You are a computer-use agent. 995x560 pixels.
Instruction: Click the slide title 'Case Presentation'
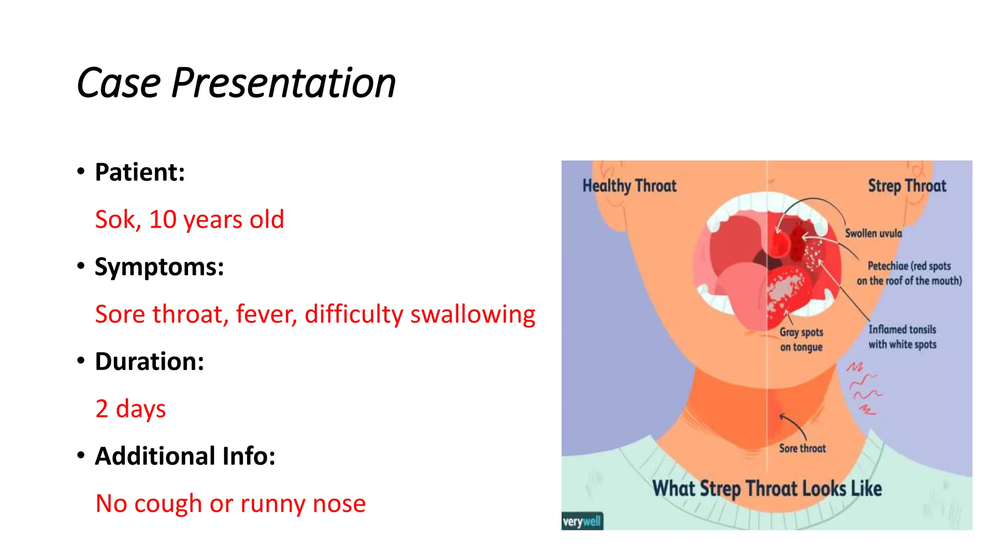click(236, 83)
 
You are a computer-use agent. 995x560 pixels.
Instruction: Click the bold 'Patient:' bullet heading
click(140, 172)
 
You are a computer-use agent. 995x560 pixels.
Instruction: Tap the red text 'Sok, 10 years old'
click(189, 219)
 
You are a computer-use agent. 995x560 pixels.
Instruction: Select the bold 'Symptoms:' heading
click(159, 267)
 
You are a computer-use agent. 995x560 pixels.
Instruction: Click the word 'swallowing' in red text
click(472, 314)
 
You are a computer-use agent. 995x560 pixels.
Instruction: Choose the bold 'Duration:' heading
click(150, 361)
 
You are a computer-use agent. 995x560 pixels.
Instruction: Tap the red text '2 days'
click(131, 408)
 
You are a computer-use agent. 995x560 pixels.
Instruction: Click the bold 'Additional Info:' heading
click(185, 456)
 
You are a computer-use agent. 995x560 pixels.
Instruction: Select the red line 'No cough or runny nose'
click(230, 503)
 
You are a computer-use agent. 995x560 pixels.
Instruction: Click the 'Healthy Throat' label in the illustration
click(629, 186)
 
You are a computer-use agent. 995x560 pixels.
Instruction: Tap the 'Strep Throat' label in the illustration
click(907, 186)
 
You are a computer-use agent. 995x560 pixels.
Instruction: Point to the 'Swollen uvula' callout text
click(873, 233)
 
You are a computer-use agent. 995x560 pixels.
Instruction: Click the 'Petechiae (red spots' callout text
click(909, 266)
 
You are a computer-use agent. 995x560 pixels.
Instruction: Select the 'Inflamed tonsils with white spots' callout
click(902, 337)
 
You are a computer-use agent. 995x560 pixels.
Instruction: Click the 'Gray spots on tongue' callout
click(801, 339)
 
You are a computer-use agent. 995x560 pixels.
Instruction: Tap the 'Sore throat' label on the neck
click(802, 448)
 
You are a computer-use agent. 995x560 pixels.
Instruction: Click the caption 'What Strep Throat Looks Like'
click(767, 489)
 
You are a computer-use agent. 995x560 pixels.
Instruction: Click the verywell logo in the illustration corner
click(582, 522)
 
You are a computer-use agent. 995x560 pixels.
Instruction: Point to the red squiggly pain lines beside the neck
click(864, 388)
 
